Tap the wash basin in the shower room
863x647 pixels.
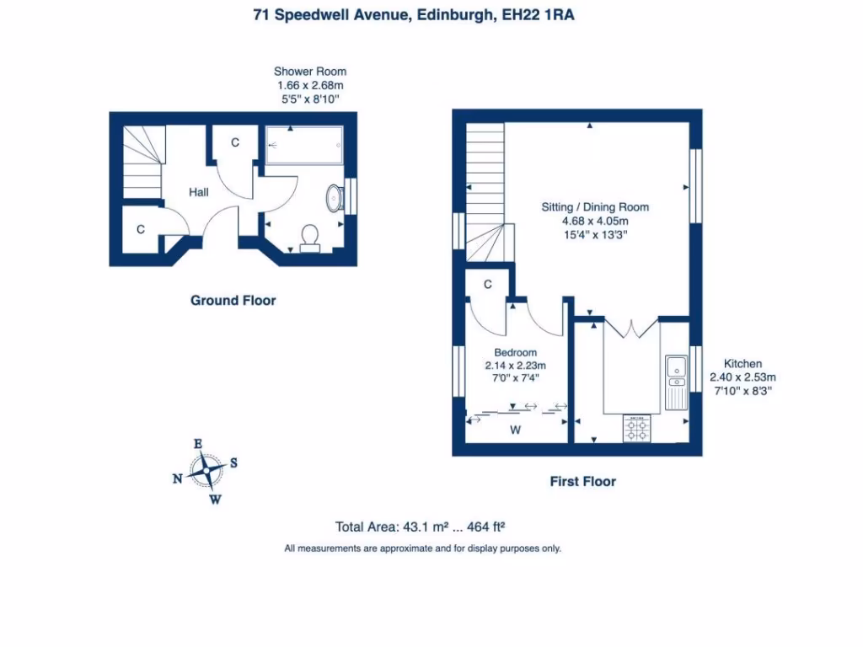pyautogui.click(x=334, y=197)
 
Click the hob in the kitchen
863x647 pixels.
pyautogui.click(x=636, y=430)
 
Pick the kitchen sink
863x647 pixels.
pyautogui.click(x=676, y=368)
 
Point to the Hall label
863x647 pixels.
pyautogui.click(x=199, y=193)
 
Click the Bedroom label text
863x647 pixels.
pyautogui.click(x=515, y=352)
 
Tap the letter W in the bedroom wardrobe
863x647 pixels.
pyautogui.click(x=516, y=430)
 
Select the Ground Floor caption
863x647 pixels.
pyautogui.click(x=233, y=300)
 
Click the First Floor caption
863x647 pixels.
pyautogui.click(x=582, y=482)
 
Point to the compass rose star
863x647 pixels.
pyautogui.click(x=205, y=471)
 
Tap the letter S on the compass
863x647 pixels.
pyautogui.click(x=233, y=463)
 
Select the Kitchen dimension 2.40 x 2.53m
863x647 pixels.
pyautogui.click(x=742, y=377)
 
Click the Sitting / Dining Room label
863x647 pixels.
pyautogui.click(x=595, y=207)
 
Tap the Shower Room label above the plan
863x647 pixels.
pyautogui.click(x=310, y=72)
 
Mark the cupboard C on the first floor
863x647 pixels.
pyautogui.click(x=488, y=285)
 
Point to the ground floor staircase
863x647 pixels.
pyautogui.click(x=142, y=161)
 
